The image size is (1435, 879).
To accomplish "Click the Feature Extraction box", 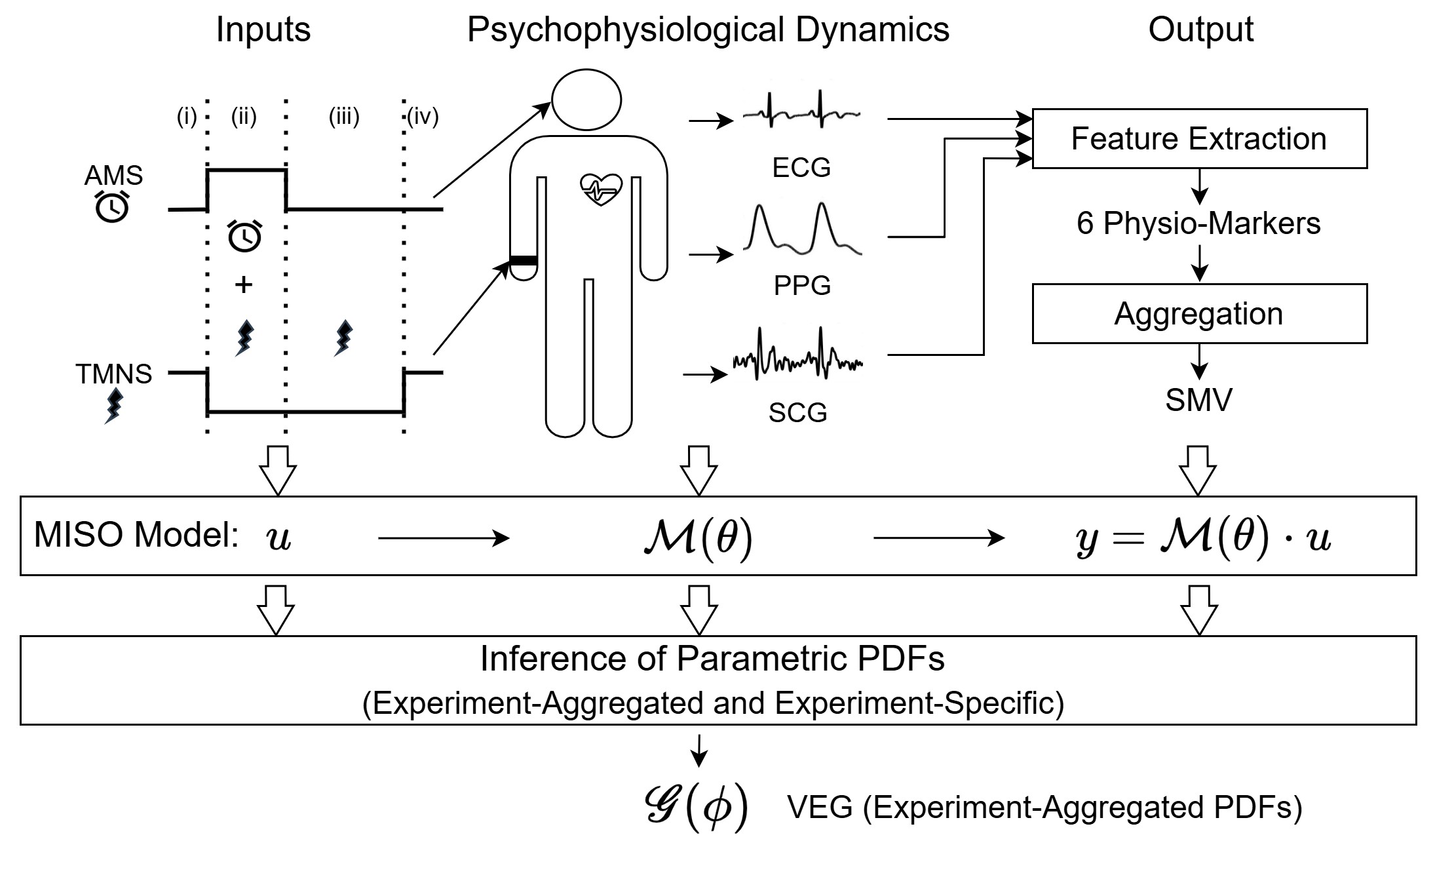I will pyautogui.click(x=1199, y=139).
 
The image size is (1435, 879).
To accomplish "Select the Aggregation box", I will pyautogui.click(x=1199, y=313).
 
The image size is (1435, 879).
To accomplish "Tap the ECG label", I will pyautogui.click(x=801, y=168).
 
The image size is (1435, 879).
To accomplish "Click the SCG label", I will pyautogui.click(x=797, y=412).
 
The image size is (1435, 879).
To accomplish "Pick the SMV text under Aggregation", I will pyautogui.click(x=1198, y=400).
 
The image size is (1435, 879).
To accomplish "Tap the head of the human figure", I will pyautogui.click(x=586, y=100).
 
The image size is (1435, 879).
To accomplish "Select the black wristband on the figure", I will pyautogui.click(x=524, y=262).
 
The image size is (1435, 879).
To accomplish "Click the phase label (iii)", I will pyautogui.click(x=344, y=117).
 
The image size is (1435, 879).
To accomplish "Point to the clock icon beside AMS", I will pyautogui.click(x=113, y=207).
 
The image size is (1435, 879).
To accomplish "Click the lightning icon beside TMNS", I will pyautogui.click(x=114, y=406).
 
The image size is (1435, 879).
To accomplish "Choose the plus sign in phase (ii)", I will pyautogui.click(x=244, y=284).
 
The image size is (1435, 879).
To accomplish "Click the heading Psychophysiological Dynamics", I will pyautogui.click(x=708, y=30).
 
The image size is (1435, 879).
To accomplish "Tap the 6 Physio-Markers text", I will pyautogui.click(x=1198, y=224).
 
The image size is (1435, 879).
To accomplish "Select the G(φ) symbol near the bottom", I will pyautogui.click(x=697, y=807).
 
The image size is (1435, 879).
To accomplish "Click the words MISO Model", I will pyautogui.click(x=136, y=535).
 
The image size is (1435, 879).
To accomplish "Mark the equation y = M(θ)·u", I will pyautogui.click(x=1203, y=537).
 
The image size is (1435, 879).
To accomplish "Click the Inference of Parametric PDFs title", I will pyautogui.click(x=712, y=659).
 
